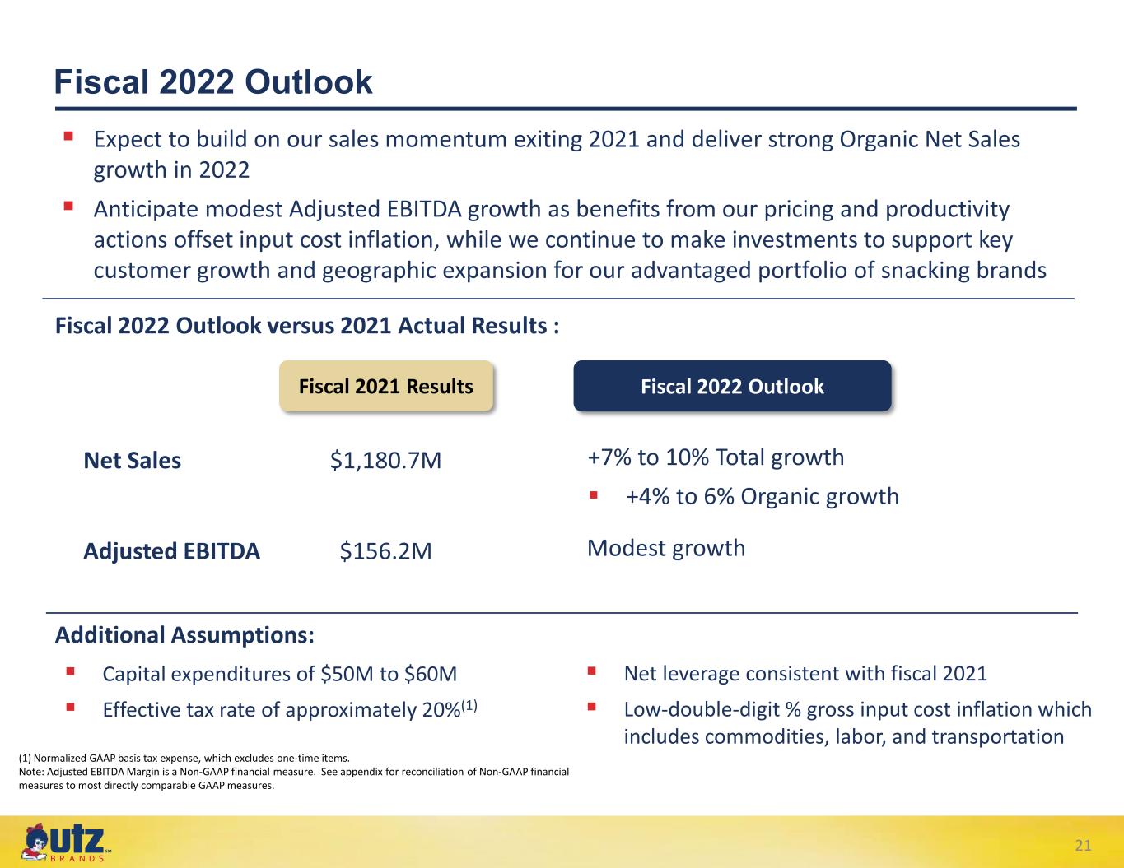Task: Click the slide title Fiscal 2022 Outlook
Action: pyautogui.click(x=213, y=82)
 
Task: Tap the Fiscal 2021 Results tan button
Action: pyautogui.click(x=386, y=386)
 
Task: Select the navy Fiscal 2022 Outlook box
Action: pyautogui.click(x=732, y=386)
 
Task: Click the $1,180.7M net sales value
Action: pyautogui.click(x=386, y=461)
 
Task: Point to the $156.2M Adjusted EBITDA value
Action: pyautogui.click(x=386, y=550)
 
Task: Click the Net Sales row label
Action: pyautogui.click(x=133, y=461)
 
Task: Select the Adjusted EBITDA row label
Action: pyautogui.click(x=172, y=551)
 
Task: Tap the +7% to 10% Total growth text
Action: pyautogui.click(x=716, y=457)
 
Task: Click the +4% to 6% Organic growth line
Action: pyautogui.click(x=763, y=496)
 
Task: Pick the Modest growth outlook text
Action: pyautogui.click(x=666, y=548)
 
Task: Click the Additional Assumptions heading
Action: pyautogui.click(x=184, y=635)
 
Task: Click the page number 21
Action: pyautogui.click(x=1083, y=845)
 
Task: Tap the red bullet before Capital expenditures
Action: pyautogui.click(x=70, y=671)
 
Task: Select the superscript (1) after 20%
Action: pyautogui.click(x=469, y=705)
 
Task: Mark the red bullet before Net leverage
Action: pyautogui.click(x=592, y=671)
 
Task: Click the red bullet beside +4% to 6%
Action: pyautogui.click(x=594, y=495)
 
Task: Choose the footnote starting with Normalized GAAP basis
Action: pyautogui.click(x=184, y=759)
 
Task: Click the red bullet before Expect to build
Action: pyautogui.click(x=68, y=137)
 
